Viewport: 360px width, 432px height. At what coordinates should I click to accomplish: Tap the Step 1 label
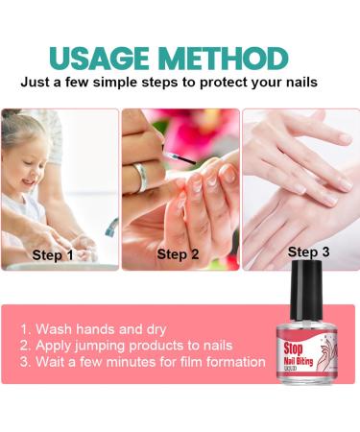(x=53, y=255)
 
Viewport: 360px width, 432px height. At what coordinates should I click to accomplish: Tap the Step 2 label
(x=178, y=254)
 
